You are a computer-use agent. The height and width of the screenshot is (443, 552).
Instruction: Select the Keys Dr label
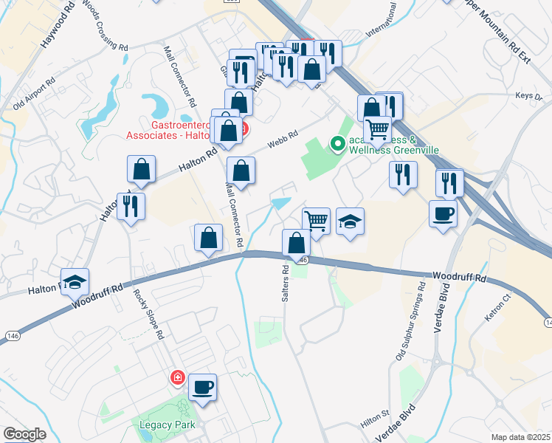(524, 95)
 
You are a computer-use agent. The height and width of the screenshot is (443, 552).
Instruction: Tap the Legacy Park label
(160, 425)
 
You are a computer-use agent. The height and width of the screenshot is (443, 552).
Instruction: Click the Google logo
(24, 434)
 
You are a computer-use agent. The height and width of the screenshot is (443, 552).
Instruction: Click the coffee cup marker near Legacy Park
(202, 386)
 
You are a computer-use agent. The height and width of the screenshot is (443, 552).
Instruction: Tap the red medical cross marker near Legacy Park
(177, 378)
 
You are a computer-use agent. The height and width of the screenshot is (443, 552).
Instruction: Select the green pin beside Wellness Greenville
(338, 143)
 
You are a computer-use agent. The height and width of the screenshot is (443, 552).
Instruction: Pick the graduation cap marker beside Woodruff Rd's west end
(75, 282)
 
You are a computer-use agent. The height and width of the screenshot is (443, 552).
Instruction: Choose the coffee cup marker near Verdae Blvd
(443, 214)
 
